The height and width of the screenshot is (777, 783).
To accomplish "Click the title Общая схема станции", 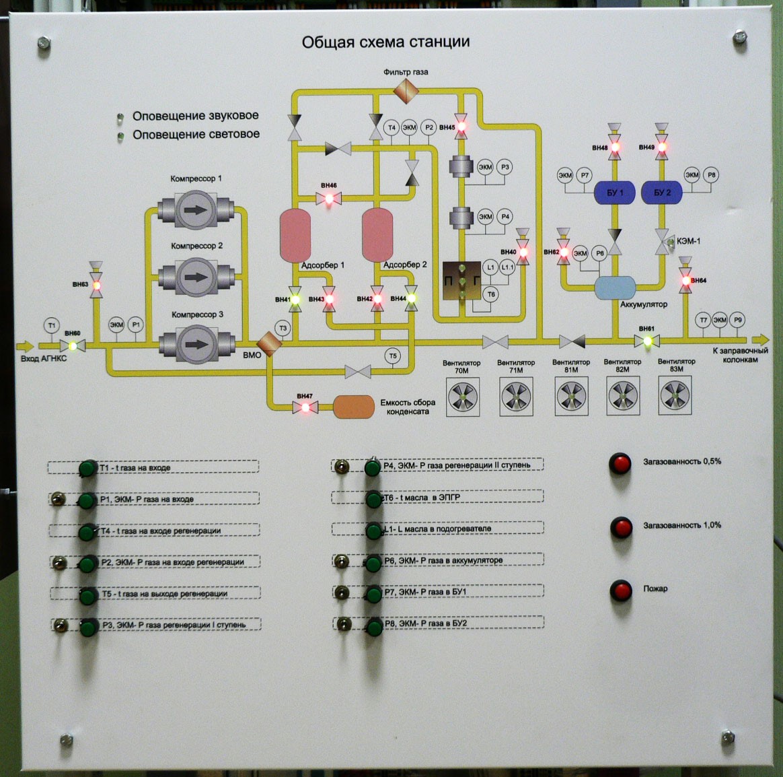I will click(385, 42).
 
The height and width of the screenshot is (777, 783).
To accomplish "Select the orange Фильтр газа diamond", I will click(406, 88).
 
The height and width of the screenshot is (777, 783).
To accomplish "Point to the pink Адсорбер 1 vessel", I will click(295, 235).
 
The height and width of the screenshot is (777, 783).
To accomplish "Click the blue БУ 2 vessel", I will click(662, 193).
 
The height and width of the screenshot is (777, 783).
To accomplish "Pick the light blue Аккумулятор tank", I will click(615, 288).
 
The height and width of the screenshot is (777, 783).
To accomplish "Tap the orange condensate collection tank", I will click(354, 407).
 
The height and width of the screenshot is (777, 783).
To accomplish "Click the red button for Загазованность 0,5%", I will click(620, 463).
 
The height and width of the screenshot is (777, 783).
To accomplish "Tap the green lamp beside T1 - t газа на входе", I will click(87, 469).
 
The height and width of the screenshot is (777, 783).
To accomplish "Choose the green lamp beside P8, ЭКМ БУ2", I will click(375, 628).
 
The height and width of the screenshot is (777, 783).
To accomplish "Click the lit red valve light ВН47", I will click(305, 407).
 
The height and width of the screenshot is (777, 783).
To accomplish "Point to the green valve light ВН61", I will click(648, 341).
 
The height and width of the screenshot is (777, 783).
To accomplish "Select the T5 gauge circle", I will click(393, 356).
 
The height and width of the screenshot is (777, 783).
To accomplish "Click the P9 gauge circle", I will click(738, 320).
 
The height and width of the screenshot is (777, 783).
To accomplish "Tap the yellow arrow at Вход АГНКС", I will click(25, 346).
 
